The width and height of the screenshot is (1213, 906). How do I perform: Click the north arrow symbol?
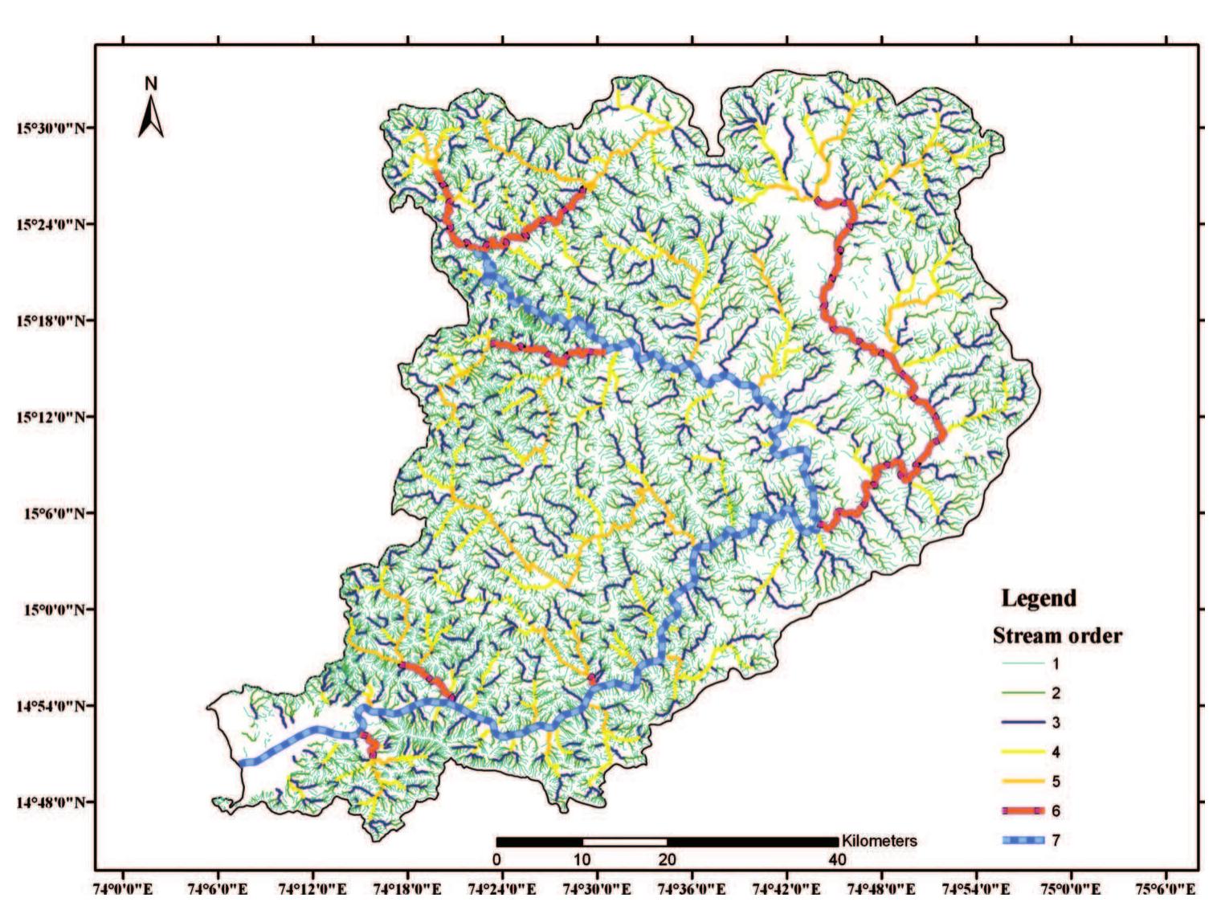(x=151, y=116)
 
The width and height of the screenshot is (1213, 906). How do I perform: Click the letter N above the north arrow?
(x=151, y=84)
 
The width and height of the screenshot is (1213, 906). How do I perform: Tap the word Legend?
(x=1038, y=598)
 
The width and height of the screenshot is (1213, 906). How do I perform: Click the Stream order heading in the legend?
(x=1057, y=635)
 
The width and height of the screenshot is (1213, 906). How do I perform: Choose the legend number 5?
(x=1056, y=782)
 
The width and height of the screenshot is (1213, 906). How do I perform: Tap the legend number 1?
(x=1056, y=663)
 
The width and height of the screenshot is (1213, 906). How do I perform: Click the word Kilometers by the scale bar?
(x=879, y=841)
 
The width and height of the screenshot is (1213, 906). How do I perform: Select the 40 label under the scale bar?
(x=837, y=859)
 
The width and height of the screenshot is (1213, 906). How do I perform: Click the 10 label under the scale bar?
(x=582, y=859)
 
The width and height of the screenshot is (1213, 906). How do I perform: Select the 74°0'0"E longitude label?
(x=125, y=889)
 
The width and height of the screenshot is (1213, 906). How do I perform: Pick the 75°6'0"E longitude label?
(x=1166, y=889)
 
